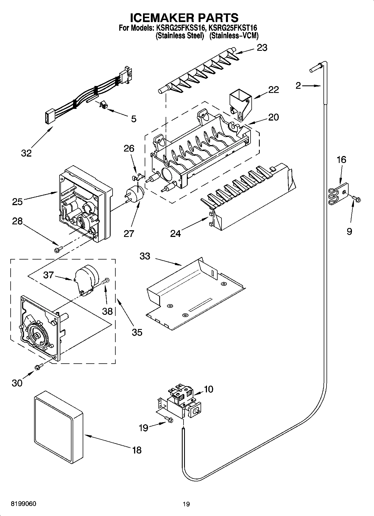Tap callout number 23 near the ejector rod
pyautogui.click(x=262, y=48)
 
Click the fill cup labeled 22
pyautogui.click(x=240, y=105)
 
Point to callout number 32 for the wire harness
pyautogui.click(x=26, y=153)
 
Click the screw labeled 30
pyautogui.click(x=39, y=367)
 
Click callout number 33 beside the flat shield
pyautogui.click(x=145, y=256)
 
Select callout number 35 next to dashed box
pyautogui.click(x=137, y=332)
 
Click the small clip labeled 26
pyautogui.click(x=138, y=176)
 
